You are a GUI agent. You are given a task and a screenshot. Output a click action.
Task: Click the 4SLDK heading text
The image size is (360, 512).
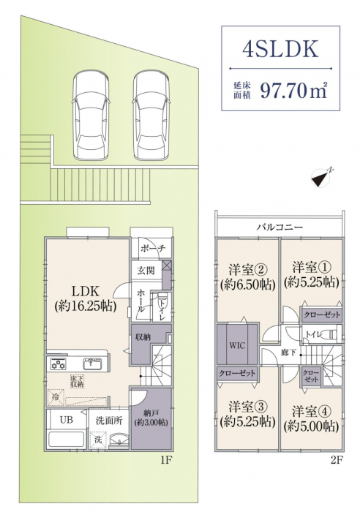point(280,49)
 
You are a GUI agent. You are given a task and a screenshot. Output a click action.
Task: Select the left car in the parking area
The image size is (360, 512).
point(91,116)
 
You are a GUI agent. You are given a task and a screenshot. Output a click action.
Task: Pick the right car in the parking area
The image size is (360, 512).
point(151,116)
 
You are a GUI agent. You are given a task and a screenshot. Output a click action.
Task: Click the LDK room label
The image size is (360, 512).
point(86,290)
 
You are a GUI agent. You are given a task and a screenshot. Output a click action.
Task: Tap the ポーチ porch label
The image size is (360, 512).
point(153,248)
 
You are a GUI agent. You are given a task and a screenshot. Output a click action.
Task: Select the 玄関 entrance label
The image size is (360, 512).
point(146,270)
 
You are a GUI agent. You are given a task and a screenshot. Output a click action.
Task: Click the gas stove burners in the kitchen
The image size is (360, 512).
point(58,364)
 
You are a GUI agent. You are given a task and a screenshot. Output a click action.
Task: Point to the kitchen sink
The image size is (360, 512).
point(92,364)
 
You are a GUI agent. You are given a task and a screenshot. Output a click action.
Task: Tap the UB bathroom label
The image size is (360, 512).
point(67,420)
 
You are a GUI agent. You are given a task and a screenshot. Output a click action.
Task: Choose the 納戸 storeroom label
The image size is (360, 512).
point(151,413)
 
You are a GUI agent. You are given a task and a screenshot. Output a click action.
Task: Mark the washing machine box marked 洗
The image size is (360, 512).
point(98,439)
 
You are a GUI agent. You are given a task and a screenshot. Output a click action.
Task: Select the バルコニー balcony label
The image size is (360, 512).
point(280,227)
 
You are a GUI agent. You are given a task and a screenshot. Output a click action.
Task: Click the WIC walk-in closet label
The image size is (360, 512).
point(237,345)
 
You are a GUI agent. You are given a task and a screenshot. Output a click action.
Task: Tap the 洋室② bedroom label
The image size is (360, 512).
point(248,270)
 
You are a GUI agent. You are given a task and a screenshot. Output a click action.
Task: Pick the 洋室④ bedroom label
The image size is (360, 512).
point(312,411)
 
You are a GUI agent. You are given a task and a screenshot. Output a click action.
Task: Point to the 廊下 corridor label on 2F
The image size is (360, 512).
point(289,353)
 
